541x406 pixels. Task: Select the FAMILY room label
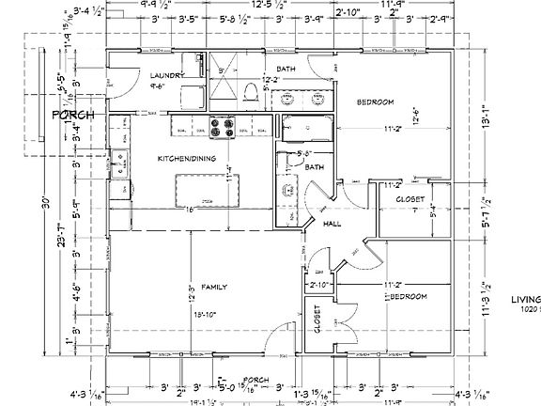215,284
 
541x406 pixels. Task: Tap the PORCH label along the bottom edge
256,380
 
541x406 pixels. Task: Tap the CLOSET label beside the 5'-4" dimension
410,199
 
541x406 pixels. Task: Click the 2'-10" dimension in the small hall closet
318,283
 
